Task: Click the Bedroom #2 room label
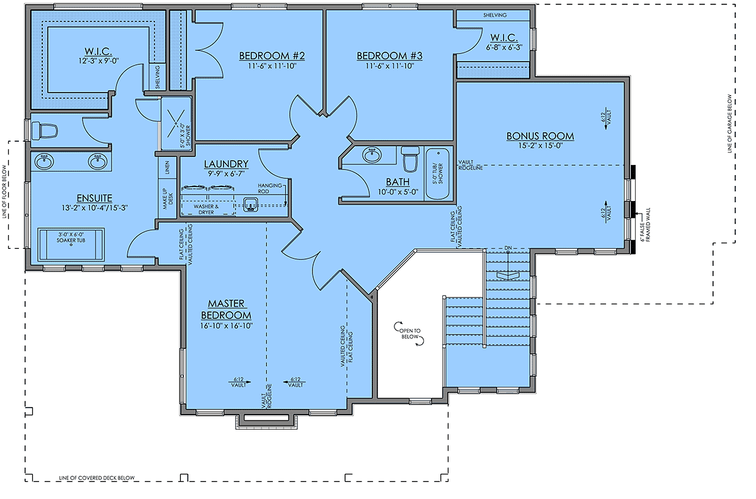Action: [272, 55]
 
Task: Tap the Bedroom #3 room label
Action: [389, 55]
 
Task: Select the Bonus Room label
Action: [540, 136]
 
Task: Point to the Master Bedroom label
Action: [226, 309]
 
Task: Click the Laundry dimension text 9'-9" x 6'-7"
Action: [226, 174]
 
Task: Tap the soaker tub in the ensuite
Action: [71, 244]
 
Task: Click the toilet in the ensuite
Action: [45, 130]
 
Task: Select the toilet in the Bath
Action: [410, 159]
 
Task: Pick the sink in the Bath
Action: [372, 154]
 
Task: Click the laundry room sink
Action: [250, 205]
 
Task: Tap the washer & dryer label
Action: [206, 209]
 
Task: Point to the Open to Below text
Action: [409, 333]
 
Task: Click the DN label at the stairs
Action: [508, 248]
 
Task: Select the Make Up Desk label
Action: [168, 198]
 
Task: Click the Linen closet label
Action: [167, 168]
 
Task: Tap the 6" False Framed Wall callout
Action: [645, 225]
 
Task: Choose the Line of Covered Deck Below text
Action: [97, 478]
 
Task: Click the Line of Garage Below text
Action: [730, 123]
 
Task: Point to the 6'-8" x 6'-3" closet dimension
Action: [504, 48]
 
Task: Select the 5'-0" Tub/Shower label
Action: [438, 173]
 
